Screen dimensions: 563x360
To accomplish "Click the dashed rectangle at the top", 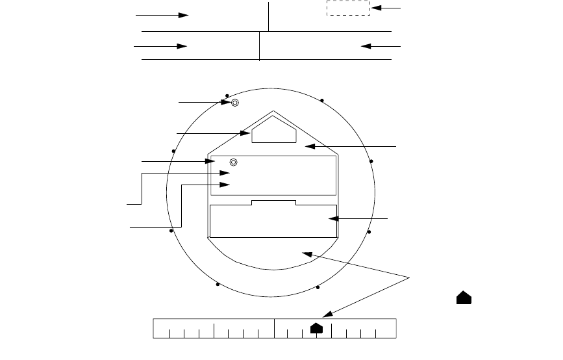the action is pos(348,8).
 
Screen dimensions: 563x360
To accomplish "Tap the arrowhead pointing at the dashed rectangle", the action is pos(375,8).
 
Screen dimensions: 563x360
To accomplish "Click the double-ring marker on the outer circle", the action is pos(235,102).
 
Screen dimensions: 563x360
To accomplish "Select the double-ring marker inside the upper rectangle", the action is pos(234,162).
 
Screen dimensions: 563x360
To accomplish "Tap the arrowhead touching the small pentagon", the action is pos(247,133).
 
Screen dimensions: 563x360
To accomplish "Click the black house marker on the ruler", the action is pos(316,328).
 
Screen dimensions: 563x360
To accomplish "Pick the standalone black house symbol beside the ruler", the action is pos(464,298).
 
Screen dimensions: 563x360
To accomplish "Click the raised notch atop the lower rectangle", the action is pos(273,203).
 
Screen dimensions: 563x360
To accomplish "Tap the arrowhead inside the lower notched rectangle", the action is pos(332,219).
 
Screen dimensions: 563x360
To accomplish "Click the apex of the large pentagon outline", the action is pos(273,111).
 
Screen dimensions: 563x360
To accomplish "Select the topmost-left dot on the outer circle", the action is pos(226,95).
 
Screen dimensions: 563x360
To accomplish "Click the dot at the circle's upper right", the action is pos(322,100).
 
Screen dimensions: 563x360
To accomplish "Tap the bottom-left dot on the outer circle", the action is pos(218,285).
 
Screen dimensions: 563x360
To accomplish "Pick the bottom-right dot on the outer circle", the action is pos(318,287).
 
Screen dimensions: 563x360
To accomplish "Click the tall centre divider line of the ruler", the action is pos(274,329).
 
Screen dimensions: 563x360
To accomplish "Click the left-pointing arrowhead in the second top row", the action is pos(365,47).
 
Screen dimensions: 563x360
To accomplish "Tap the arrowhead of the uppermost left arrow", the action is pos(184,14).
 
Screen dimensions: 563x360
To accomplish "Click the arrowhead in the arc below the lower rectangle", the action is pos(307,253).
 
